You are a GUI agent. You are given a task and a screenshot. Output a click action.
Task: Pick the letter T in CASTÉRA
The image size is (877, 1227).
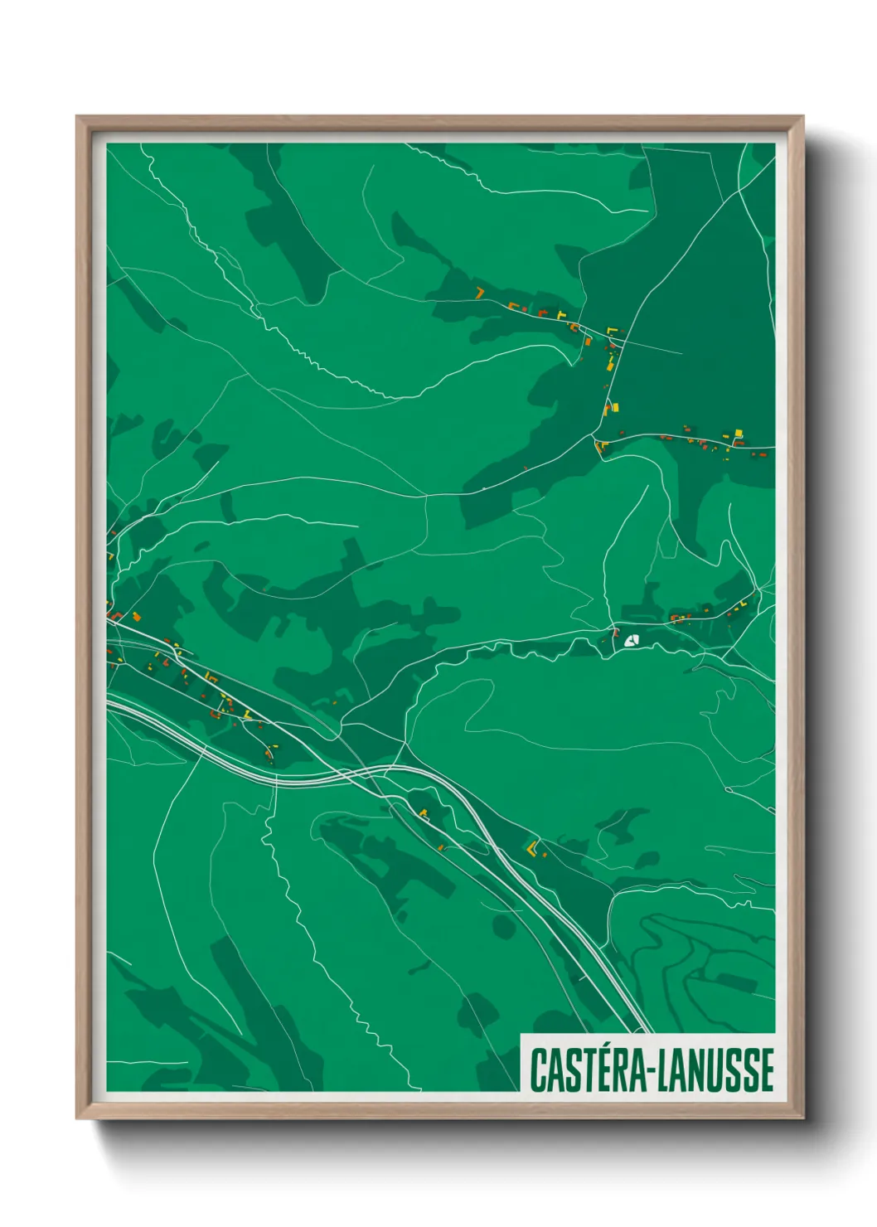(584, 1070)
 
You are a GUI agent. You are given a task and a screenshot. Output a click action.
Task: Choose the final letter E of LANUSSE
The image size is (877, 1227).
(767, 1070)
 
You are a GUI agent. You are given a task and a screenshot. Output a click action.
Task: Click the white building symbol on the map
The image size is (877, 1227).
(631, 640)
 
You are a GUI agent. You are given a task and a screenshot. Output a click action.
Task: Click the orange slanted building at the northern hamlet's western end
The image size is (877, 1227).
(479, 292)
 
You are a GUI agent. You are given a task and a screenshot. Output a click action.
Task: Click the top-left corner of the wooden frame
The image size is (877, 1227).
(78, 117)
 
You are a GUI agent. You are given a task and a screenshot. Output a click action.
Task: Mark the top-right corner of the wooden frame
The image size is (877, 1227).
(802, 117)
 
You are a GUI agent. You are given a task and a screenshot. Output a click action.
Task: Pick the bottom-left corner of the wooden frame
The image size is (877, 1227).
(78, 1117)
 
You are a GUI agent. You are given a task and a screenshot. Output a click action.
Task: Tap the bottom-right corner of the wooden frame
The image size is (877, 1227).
(802, 1117)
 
